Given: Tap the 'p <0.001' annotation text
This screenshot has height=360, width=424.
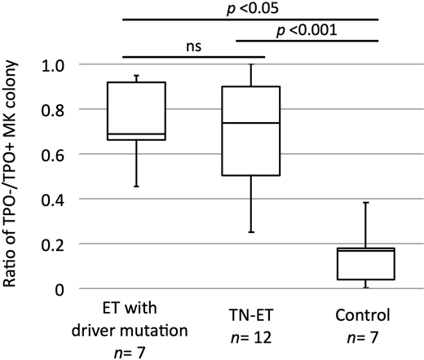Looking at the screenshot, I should (x=308, y=30).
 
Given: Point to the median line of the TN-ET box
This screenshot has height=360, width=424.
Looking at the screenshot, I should (x=251, y=123).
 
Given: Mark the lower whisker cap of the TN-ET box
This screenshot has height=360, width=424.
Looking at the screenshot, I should (x=251, y=232).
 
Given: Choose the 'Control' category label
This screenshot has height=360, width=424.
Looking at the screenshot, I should (x=356, y=313).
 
